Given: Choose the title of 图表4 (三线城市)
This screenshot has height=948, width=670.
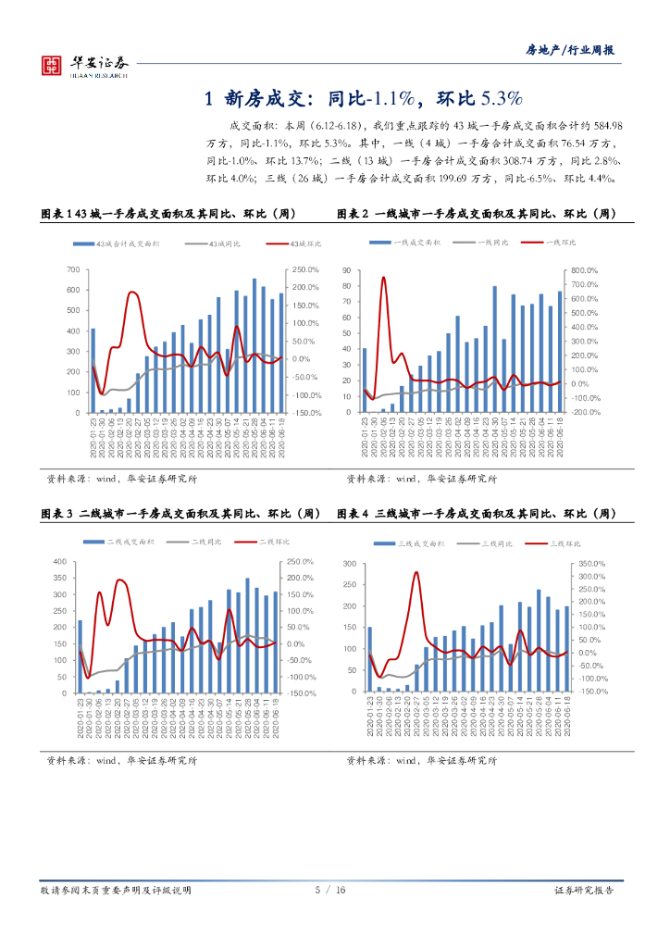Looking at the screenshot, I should click(x=477, y=514).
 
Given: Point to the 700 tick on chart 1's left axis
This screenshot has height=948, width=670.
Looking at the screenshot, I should click(x=73, y=269).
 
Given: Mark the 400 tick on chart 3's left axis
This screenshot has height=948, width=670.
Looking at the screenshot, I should click(x=60, y=562).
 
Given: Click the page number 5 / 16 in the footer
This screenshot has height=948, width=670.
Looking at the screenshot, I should click(x=329, y=890).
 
